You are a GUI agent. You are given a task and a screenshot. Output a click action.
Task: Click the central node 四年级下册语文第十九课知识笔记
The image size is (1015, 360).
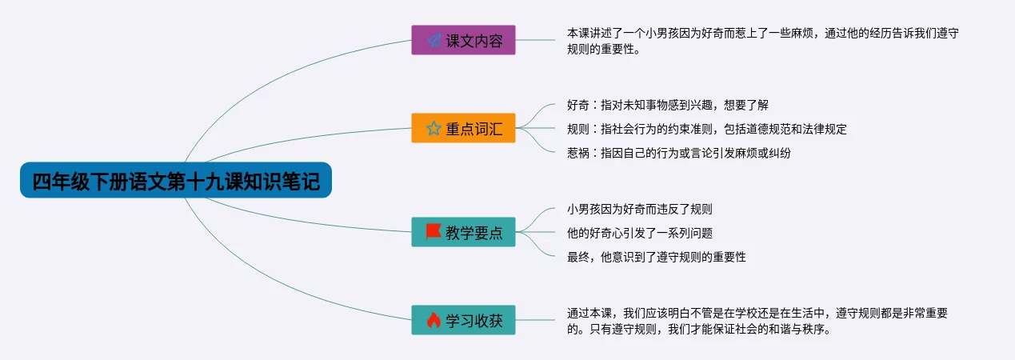[x=176, y=180]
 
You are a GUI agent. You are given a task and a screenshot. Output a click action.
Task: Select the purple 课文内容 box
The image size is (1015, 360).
[x=463, y=40]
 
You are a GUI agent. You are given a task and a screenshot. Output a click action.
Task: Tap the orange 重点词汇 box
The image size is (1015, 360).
[x=463, y=128]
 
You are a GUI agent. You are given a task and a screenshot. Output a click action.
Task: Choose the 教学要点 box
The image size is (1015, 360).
[x=463, y=232]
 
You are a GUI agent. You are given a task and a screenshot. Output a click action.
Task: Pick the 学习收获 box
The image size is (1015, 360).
[x=463, y=320]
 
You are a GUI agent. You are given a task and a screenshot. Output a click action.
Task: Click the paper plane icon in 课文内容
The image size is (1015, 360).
[x=434, y=40]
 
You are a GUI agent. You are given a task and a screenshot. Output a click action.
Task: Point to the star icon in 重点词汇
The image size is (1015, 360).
[x=434, y=128]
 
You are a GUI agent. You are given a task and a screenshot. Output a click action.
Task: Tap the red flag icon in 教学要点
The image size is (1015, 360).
[x=434, y=232]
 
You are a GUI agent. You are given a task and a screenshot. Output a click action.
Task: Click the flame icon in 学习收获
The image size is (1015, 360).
[x=434, y=320]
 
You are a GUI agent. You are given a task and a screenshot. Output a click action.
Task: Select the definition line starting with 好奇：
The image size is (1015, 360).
[x=667, y=105]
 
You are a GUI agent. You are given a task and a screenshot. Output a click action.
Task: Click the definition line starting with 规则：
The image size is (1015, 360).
[x=707, y=129]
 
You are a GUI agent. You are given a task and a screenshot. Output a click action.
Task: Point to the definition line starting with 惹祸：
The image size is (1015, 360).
[x=679, y=153]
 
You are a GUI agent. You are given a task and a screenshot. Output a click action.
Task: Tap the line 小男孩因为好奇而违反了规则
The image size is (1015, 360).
[x=639, y=209]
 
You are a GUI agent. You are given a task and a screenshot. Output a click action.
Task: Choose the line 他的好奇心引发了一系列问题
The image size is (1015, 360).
[x=639, y=233]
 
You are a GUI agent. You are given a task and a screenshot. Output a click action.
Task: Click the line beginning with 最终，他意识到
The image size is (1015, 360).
[x=656, y=257]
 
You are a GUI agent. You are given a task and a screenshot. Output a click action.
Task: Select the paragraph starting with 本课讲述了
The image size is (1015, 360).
[x=762, y=41]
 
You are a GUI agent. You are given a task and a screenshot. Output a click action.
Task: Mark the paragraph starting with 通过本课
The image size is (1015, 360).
[x=757, y=321]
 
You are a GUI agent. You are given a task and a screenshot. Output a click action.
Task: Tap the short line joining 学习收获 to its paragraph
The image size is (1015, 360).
[x=535, y=320]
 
